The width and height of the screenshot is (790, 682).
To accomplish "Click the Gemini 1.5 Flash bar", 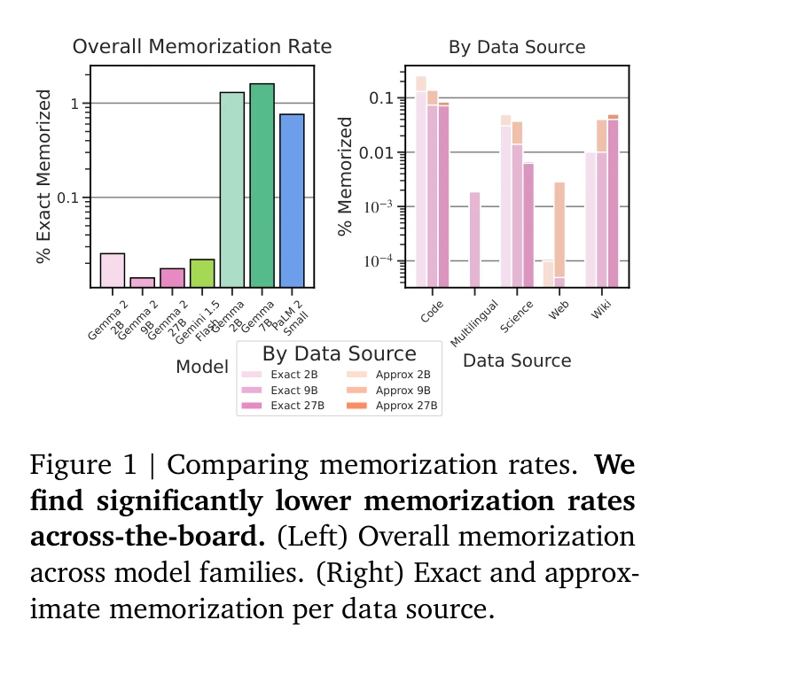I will click(x=202, y=273).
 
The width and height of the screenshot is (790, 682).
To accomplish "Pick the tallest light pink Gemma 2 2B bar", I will click(x=113, y=270).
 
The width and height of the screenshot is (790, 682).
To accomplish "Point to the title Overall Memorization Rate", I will click(x=201, y=47).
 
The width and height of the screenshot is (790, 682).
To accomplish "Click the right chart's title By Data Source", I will click(x=517, y=48).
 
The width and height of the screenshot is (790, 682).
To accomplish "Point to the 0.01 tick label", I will click(x=377, y=152).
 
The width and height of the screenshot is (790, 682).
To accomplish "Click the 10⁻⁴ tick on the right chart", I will click(x=377, y=261).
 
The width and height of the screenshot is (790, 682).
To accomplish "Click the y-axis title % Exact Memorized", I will click(x=43, y=186).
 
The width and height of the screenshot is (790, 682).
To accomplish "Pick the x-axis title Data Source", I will click(x=517, y=360).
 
